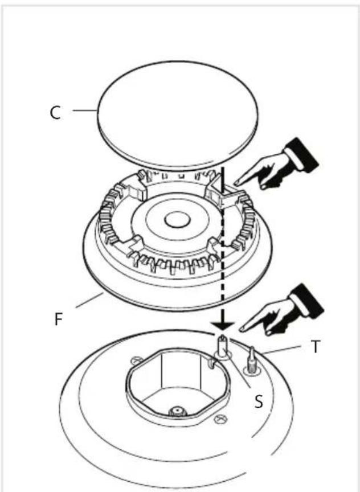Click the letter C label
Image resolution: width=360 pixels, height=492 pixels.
(x=54, y=113)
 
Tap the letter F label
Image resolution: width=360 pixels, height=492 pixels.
(x=58, y=318)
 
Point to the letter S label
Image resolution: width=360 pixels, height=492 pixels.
(x=259, y=402)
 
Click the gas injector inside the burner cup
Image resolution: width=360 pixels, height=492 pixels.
(x=178, y=411)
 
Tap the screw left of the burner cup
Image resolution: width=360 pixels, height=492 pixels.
(x=135, y=360)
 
